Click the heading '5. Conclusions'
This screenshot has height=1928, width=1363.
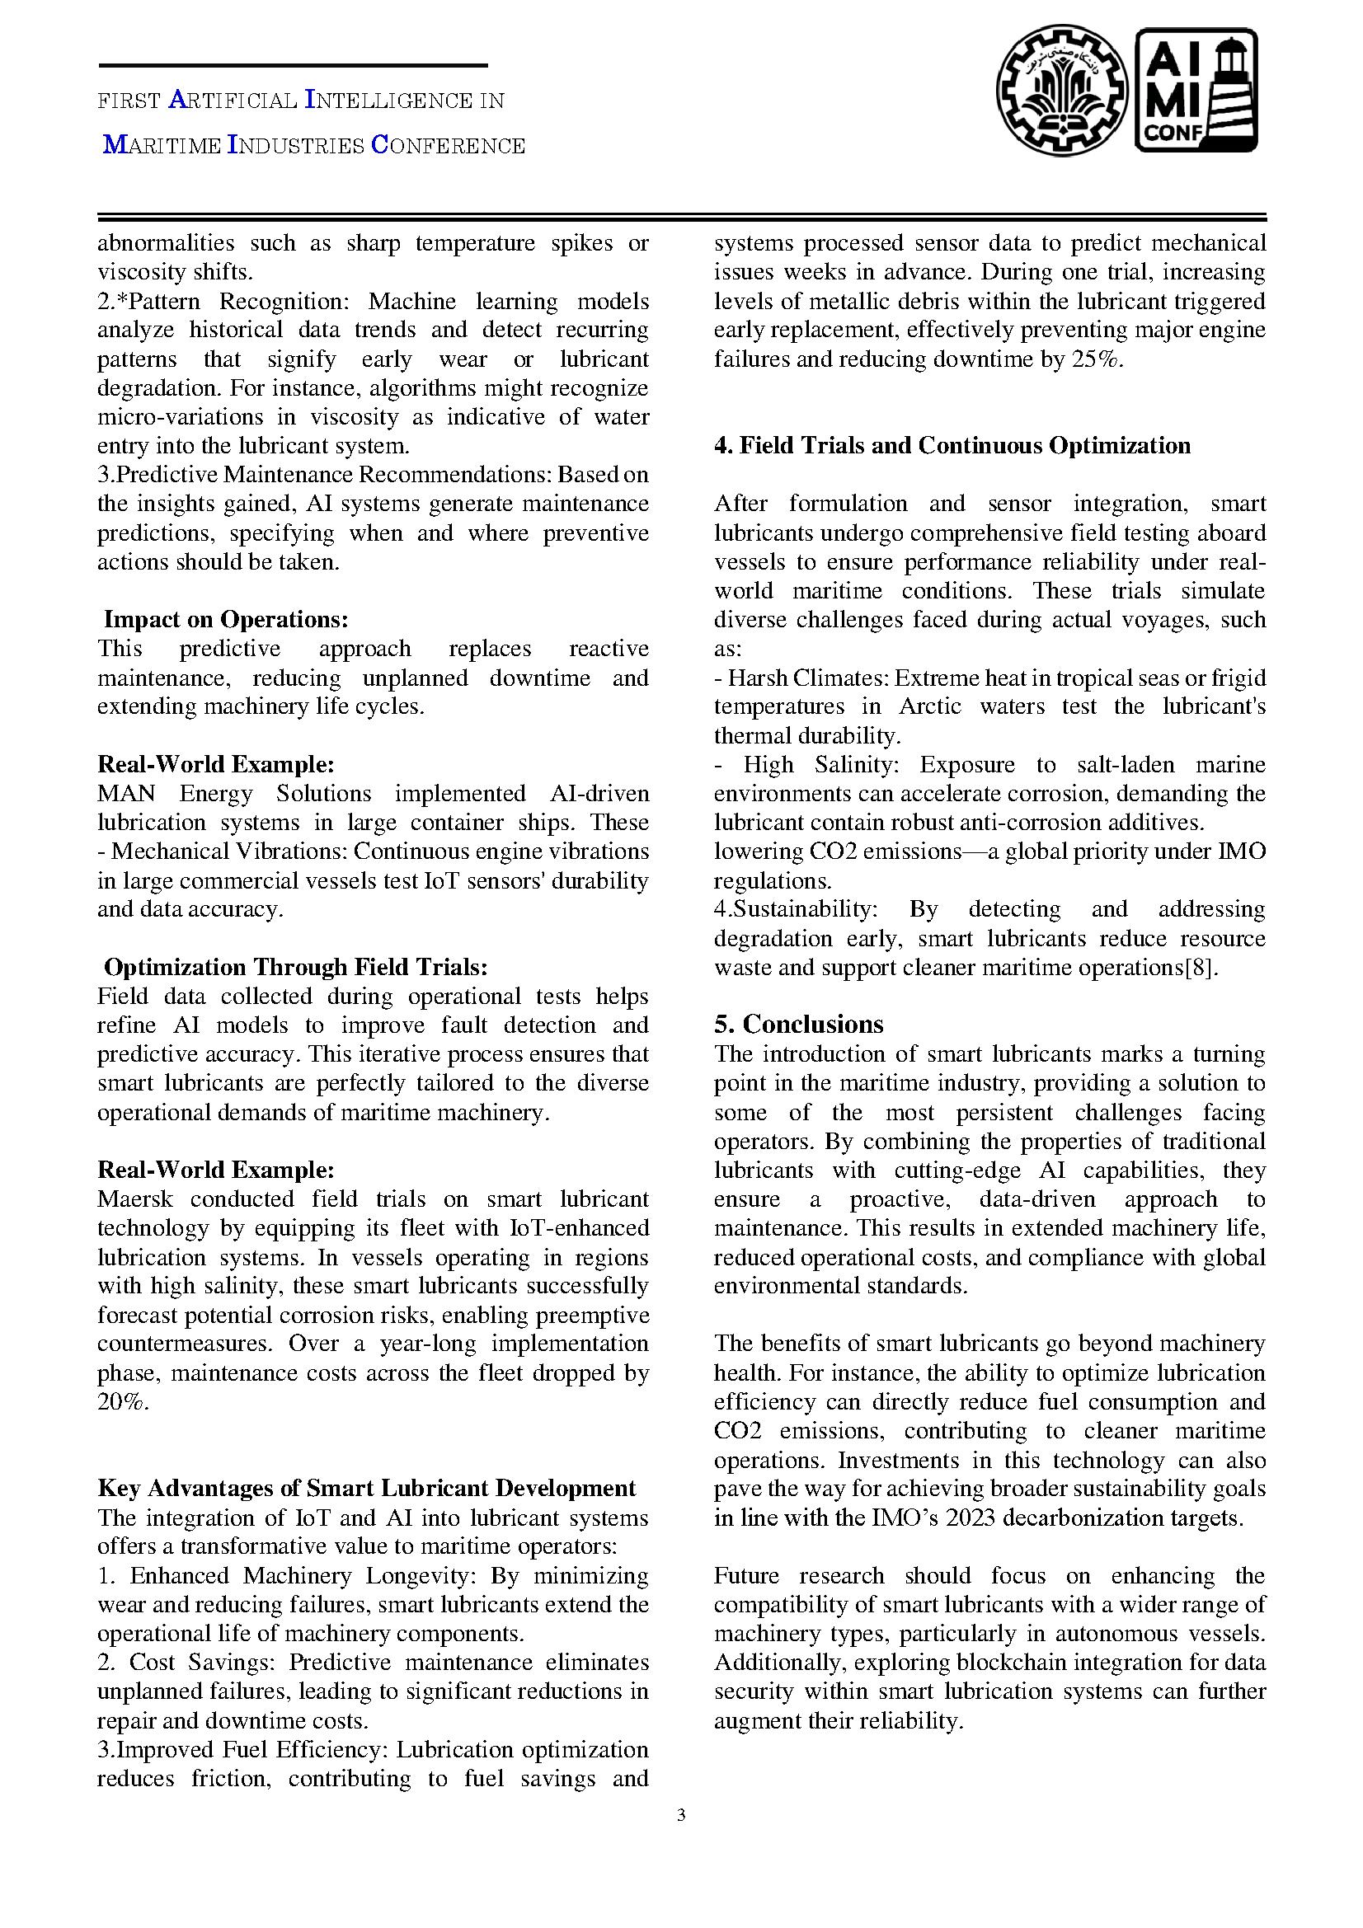tap(799, 1025)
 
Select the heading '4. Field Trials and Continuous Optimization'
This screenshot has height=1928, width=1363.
tap(952, 445)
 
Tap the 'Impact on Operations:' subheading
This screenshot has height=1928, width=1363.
tap(225, 620)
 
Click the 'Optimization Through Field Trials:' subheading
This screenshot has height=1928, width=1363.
tap(296, 968)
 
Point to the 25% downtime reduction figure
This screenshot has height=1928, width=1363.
tap(1095, 359)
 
